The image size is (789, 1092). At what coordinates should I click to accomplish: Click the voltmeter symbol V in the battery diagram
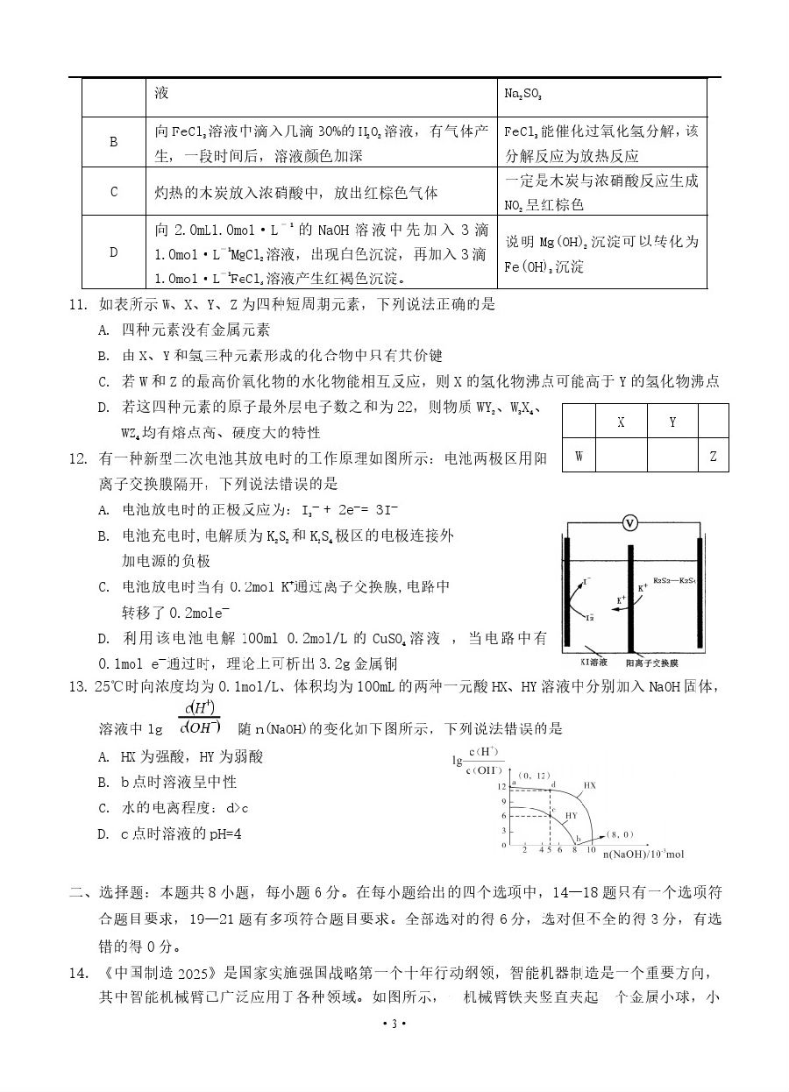[629, 523]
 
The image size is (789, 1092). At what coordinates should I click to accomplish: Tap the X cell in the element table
[621, 422]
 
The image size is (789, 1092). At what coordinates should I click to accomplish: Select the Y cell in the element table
[672, 422]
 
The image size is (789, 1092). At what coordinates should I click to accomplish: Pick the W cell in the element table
[579, 456]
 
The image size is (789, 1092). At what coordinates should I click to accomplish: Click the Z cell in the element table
[713, 456]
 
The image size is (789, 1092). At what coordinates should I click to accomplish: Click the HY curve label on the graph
[571, 815]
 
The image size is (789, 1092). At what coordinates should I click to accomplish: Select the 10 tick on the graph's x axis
[591, 850]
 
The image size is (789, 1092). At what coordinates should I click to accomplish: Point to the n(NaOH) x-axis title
[641, 854]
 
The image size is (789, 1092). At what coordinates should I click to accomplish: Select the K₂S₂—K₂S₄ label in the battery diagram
[674, 580]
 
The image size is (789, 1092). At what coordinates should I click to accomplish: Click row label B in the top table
[113, 142]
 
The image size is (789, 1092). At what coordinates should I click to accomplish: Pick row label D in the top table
[113, 252]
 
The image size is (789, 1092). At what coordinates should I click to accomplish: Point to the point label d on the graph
[553, 784]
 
